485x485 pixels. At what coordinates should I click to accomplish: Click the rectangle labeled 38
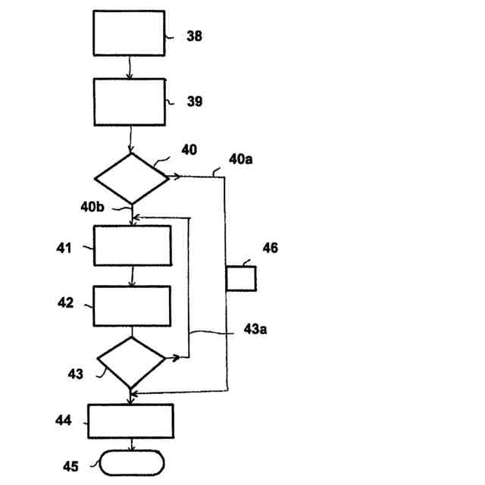129,33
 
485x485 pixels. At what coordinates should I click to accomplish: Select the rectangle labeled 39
129,102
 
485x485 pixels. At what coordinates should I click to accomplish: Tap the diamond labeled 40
131,178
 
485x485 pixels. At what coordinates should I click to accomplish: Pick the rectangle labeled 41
132,246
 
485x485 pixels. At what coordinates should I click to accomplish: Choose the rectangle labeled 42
132,305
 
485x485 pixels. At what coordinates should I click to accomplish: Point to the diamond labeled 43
131,362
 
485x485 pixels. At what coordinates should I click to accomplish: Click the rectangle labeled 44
130,421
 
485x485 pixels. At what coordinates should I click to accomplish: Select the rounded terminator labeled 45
131,462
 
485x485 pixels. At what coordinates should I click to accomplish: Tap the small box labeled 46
241,278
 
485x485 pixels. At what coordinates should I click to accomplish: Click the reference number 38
195,36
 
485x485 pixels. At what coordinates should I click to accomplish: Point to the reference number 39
195,102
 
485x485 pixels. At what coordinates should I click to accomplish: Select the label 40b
94,206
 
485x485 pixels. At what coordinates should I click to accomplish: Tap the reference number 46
271,248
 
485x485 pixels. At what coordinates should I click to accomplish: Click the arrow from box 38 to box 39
130,67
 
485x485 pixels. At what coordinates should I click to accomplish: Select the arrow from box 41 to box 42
132,275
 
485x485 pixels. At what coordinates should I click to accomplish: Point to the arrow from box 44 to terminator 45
132,445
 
